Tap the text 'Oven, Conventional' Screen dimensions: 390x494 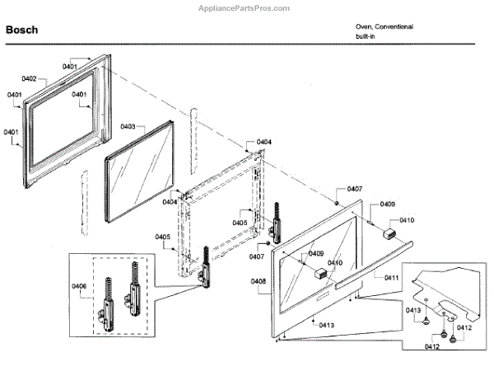pyautogui.click(x=384, y=26)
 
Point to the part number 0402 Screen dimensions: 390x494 pyautogui.click(x=29, y=78)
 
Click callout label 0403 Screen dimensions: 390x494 pyautogui.click(x=128, y=126)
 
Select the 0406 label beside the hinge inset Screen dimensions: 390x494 pyautogui.click(x=79, y=286)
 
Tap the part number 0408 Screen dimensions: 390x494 pyautogui.click(x=258, y=281)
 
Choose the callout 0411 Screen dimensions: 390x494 pyautogui.click(x=391, y=278)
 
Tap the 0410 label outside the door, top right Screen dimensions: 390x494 pyautogui.click(x=407, y=220)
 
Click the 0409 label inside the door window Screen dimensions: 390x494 pyautogui.click(x=316, y=254)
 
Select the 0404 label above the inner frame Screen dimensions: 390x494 pyautogui.click(x=263, y=143)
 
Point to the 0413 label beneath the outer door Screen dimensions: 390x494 pyautogui.click(x=326, y=325)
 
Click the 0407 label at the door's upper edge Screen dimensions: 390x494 pyautogui.click(x=354, y=190)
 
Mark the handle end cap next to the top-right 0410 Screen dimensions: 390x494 pyautogui.click(x=387, y=235)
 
